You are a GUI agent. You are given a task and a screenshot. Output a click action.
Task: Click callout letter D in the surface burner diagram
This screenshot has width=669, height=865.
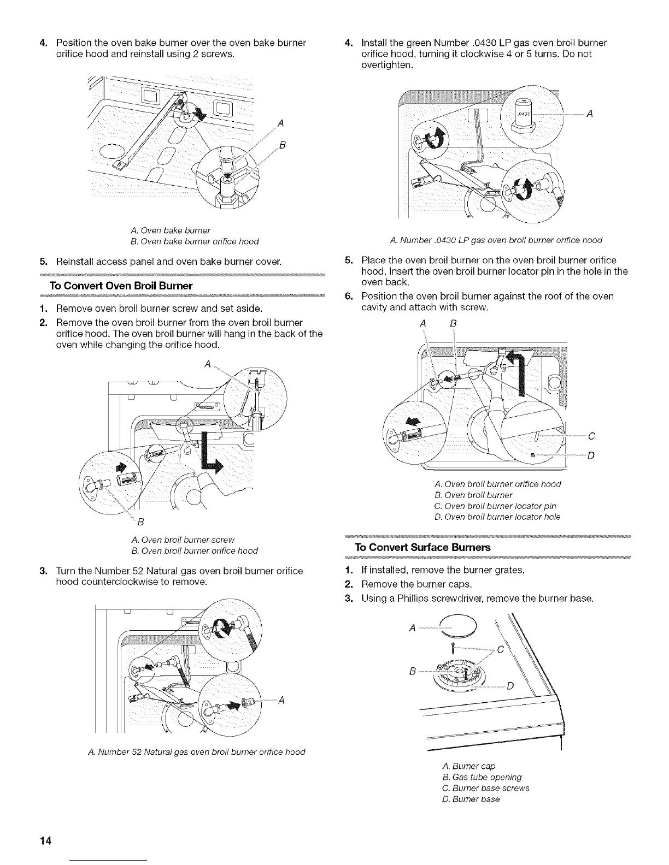(x=510, y=686)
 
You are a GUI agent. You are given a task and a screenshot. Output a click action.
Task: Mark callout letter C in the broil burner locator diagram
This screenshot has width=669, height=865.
(x=591, y=436)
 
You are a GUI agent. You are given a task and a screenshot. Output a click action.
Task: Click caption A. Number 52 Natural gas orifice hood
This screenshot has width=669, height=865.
(x=196, y=752)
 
